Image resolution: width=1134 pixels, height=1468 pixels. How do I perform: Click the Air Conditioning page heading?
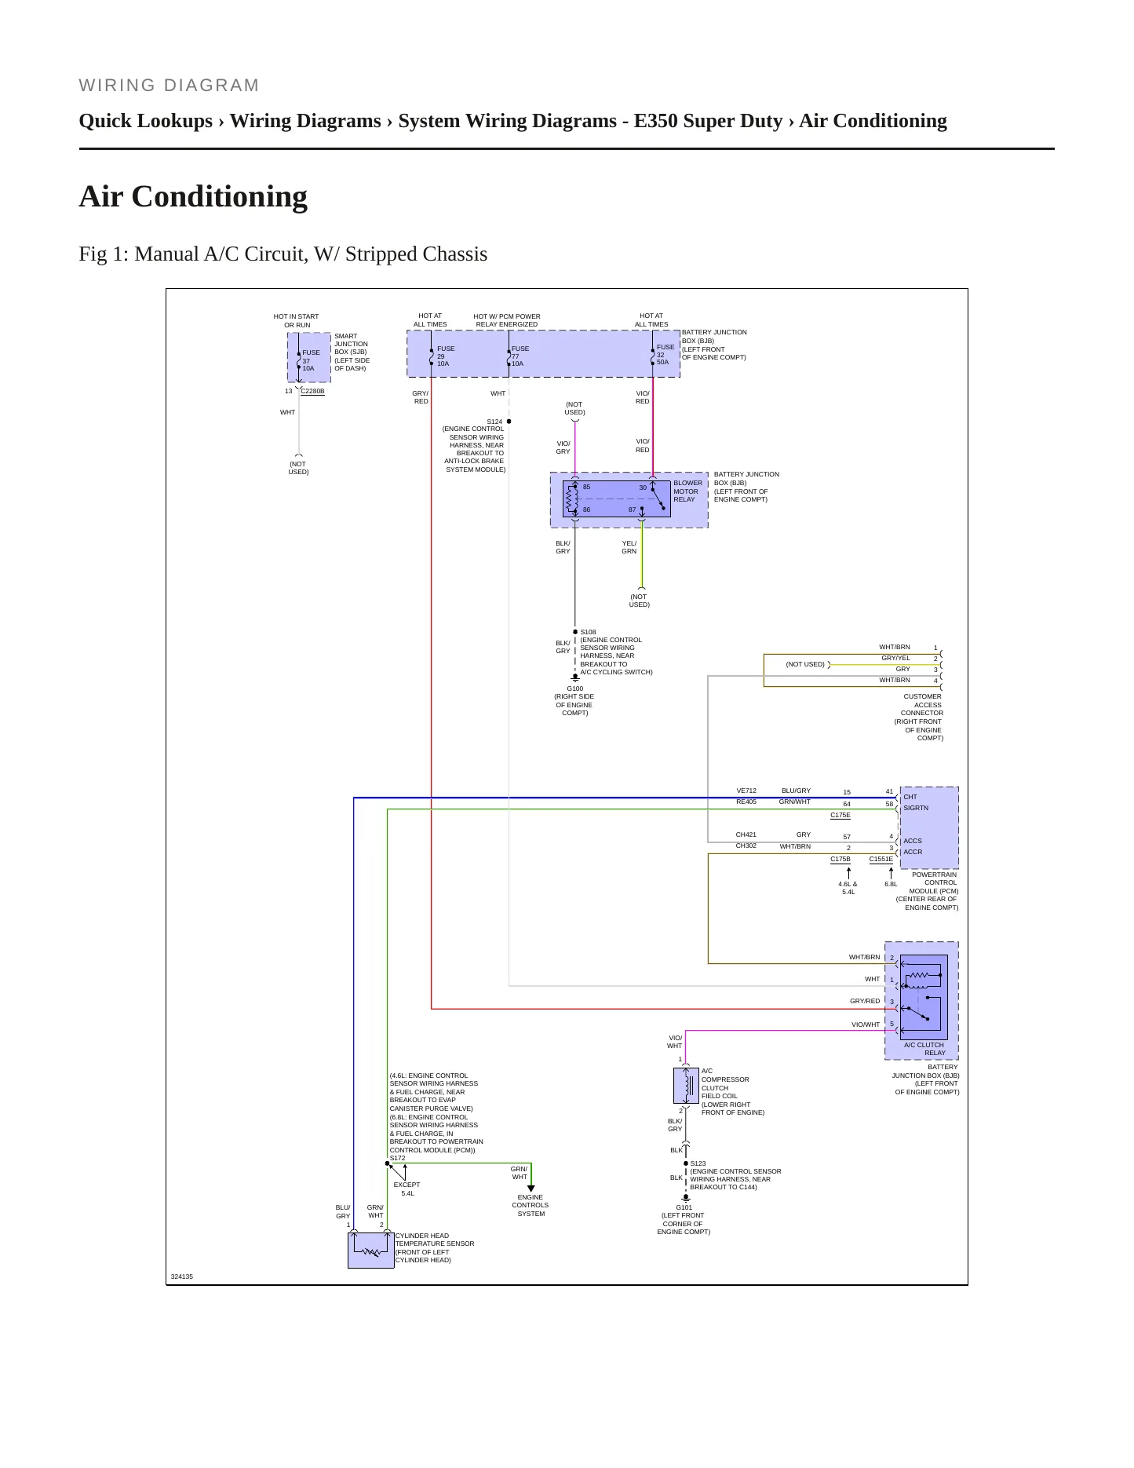coord(193,197)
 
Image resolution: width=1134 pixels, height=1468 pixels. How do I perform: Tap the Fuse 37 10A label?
coord(311,360)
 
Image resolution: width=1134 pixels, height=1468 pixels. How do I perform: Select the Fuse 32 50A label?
coord(665,355)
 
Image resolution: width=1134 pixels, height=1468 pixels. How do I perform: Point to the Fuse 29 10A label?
coord(446,356)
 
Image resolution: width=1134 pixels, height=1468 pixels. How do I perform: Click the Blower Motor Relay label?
coord(687,491)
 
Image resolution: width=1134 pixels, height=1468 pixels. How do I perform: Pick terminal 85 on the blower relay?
coord(586,487)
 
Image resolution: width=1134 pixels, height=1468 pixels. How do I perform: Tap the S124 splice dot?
coord(509,422)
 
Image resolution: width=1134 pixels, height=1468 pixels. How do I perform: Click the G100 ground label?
coord(574,688)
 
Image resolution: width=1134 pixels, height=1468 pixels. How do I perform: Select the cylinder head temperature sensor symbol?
coord(370,1250)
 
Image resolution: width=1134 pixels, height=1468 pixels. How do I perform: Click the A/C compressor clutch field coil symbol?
coord(686,1086)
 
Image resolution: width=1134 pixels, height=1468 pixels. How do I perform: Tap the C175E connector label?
coord(840,815)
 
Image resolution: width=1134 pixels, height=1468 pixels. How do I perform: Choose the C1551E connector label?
coord(881,859)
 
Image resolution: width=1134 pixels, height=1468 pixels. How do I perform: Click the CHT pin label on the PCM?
coord(910,797)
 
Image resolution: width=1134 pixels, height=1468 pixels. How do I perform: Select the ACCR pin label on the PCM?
coord(913,852)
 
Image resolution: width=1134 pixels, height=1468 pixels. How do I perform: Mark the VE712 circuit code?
coord(746,791)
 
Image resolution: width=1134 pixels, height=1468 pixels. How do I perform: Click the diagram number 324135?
coord(182,1276)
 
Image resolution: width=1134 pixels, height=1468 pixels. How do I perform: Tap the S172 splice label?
coord(397,1158)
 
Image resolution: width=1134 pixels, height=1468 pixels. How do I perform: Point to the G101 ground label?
coord(684,1207)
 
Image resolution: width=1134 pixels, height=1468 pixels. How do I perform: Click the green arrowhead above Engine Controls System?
coord(531,1189)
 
